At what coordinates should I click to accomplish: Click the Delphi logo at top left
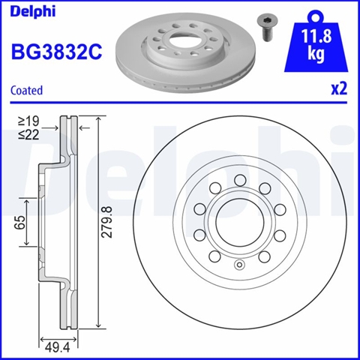[33, 12]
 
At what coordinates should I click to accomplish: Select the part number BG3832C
[57, 52]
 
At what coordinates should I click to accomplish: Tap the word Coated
[26, 90]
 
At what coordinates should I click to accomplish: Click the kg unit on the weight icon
[316, 53]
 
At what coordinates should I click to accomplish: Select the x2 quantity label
[339, 88]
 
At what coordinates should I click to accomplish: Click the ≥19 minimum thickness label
[28, 121]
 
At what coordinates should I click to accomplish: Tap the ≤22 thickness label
[28, 135]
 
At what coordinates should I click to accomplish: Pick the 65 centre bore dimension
[20, 222]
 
